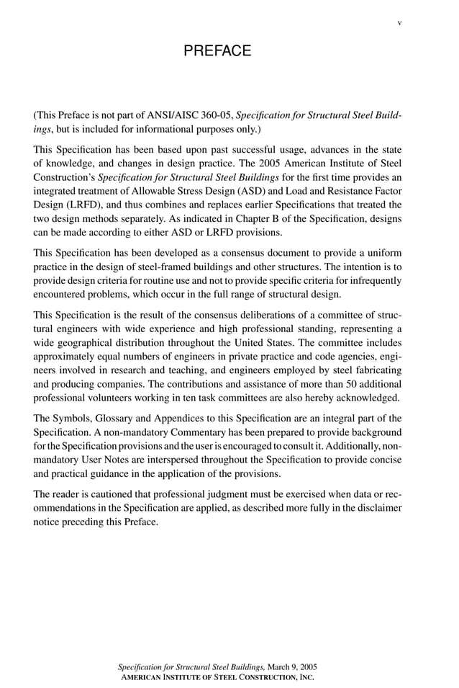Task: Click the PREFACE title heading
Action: coord(217,51)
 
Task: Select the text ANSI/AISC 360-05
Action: coord(191,115)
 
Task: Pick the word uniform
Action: coord(383,253)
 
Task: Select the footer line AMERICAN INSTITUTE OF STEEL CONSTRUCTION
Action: coord(217,677)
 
